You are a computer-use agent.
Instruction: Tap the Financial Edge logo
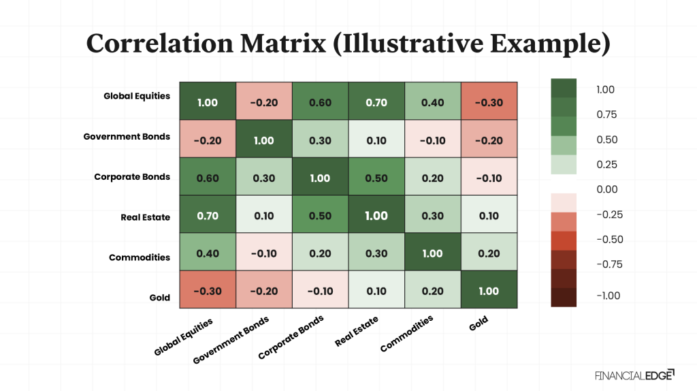(634, 375)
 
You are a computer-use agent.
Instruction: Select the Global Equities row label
(137, 96)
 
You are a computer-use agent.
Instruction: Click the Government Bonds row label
(127, 136)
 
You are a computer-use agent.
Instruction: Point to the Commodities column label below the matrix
(406, 334)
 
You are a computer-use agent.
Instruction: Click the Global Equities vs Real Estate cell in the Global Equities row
(376, 102)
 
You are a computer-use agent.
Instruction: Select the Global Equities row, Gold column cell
(489, 102)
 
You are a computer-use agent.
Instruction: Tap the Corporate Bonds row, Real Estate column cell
(376, 178)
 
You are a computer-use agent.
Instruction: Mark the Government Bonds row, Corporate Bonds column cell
(320, 140)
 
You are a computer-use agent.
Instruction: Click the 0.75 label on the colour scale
(606, 114)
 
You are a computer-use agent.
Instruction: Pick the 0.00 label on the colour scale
(606, 189)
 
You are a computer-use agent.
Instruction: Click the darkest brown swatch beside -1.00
(564, 297)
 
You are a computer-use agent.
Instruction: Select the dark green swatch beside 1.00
(564, 88)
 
